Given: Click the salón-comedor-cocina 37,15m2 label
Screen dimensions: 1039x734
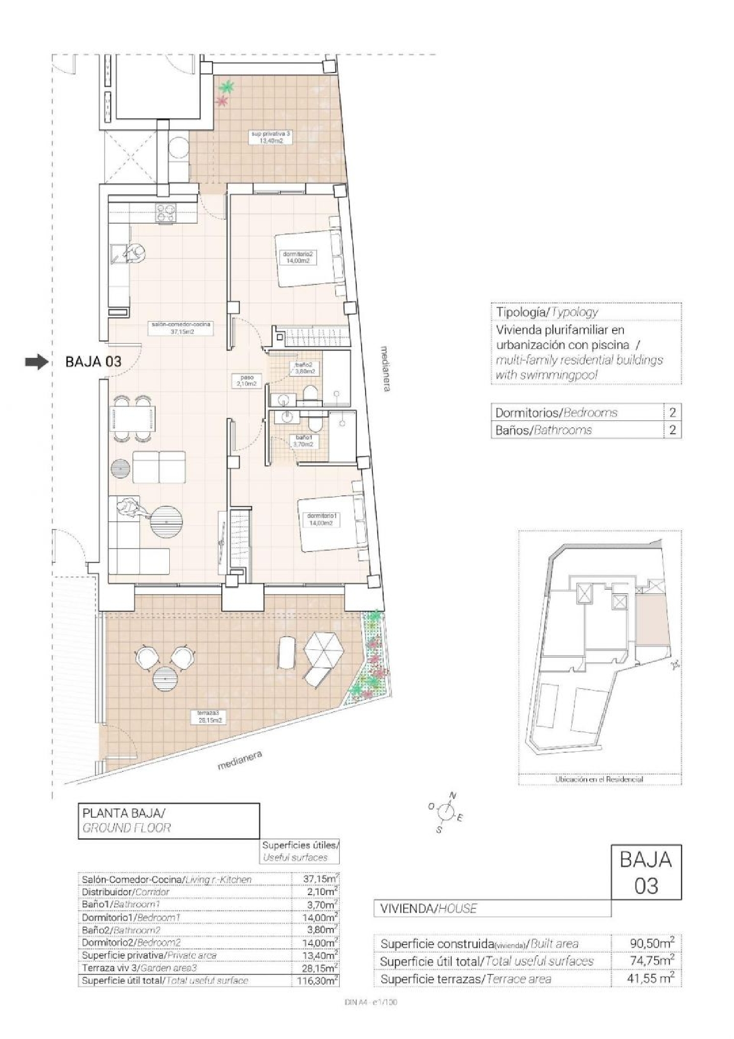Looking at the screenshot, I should point(182,328).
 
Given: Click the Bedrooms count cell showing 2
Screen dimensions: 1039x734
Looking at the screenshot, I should point(672,413).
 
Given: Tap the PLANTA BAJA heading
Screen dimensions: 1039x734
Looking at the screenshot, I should point(124,813).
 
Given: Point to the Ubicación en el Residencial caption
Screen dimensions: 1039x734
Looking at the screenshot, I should point(599,779).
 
